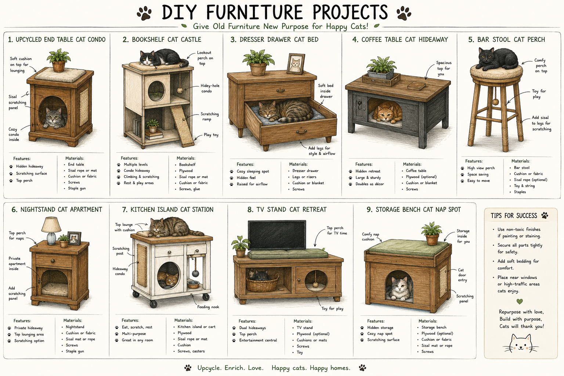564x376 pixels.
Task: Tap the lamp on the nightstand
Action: pyautogui.click(x=51, y=230)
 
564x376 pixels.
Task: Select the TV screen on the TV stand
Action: pyautogui.click(x=277, y=235)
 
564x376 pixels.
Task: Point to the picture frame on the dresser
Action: pyautogui.click(x=296, y=64)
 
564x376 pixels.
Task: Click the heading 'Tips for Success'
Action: pyautogui.click(x=514, y=216)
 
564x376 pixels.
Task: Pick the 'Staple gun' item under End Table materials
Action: pyautogui.click(x=77, y=188)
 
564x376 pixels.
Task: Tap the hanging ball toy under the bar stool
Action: pyautogui.click(x=496, y=102)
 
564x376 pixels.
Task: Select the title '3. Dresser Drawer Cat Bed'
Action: pyautogui.click(x=274, y=40)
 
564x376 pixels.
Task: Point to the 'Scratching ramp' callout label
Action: pyautogui.click(x=210, y=116)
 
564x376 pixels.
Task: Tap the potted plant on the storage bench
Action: pyautogui.click(x=432, y=233)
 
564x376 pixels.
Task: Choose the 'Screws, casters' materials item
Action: pyautogui.click(x=191, y=351)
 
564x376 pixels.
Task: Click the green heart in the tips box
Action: pyautogui.click(x=520, y=301)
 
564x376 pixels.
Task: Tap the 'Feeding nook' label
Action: pyautogui.click(x=208, y=307)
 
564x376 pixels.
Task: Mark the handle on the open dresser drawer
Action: pyautogui.click(x=301, y=132)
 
